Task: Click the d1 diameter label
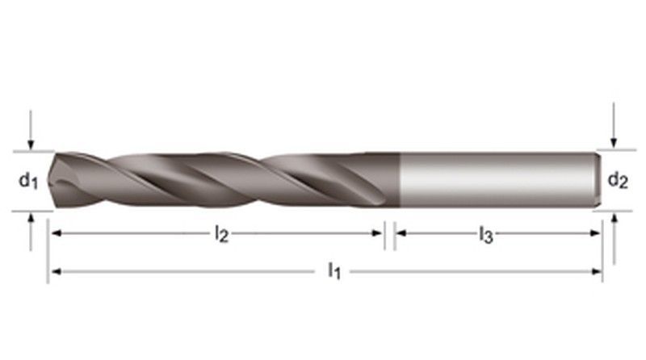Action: tap(28, 182)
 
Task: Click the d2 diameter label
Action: tap(617, 180)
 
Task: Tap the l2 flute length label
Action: tap(220, 234)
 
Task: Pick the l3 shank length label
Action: tap(485, 235)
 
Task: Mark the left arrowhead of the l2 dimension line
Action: tap(56, 233)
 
